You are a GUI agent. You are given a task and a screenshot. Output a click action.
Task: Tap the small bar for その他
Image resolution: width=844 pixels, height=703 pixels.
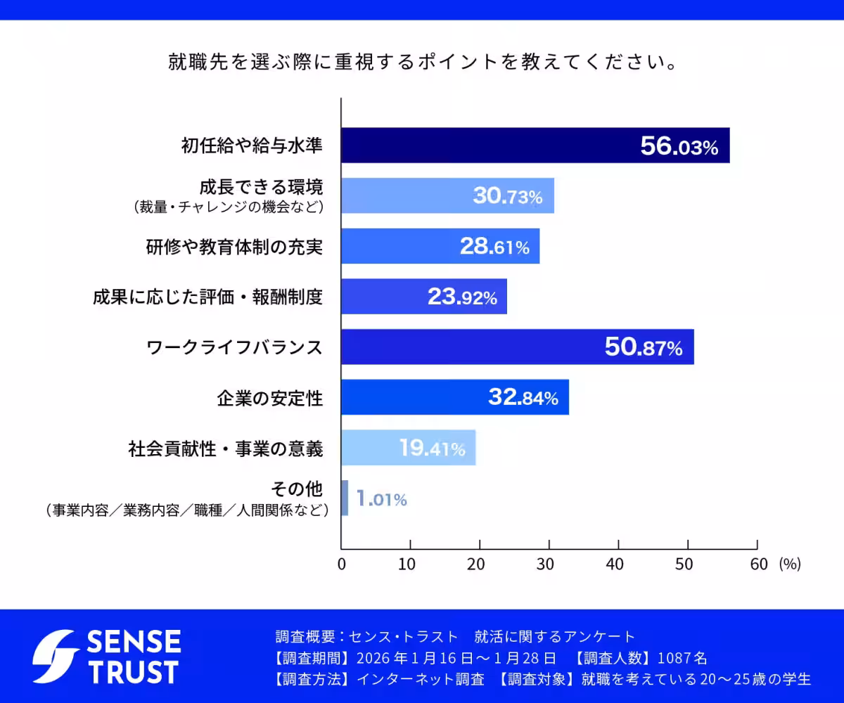(345, 498)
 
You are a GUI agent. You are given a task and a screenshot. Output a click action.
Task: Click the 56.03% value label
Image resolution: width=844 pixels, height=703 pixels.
(679, 146)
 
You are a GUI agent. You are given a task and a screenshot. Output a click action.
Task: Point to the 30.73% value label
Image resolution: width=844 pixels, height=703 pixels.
(507, 196)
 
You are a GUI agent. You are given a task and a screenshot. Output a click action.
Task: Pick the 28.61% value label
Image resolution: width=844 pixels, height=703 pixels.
(494, 247)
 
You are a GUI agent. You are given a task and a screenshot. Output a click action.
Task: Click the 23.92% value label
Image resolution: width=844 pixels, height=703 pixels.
(462, 297)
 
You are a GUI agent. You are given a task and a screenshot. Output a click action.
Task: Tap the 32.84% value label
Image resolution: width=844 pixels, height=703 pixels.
(523, 397)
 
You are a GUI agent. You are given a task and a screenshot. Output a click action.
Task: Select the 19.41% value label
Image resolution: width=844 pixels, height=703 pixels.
(432, 448)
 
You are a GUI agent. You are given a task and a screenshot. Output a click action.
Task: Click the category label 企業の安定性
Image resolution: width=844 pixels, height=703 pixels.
(270, 398)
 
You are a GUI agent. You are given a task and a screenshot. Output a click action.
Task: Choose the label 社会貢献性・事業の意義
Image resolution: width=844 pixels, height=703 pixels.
(226, 449)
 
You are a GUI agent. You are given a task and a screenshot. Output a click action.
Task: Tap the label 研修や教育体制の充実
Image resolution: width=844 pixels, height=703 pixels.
(234, 247)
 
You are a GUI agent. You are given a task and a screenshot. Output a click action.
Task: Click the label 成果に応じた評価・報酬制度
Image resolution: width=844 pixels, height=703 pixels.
(207, 297)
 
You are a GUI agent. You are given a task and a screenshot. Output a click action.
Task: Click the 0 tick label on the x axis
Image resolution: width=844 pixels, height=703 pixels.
(342, 564)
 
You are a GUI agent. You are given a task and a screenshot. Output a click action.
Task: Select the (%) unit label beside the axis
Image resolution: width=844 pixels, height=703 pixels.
(789, 564)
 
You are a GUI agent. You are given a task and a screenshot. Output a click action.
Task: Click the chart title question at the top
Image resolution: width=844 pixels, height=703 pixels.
(422, 63)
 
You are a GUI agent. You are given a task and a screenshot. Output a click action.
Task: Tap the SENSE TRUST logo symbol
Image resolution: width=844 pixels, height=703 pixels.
(56, 656)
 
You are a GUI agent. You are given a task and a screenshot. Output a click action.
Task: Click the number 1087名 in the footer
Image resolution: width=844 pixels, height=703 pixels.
(682, 658)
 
